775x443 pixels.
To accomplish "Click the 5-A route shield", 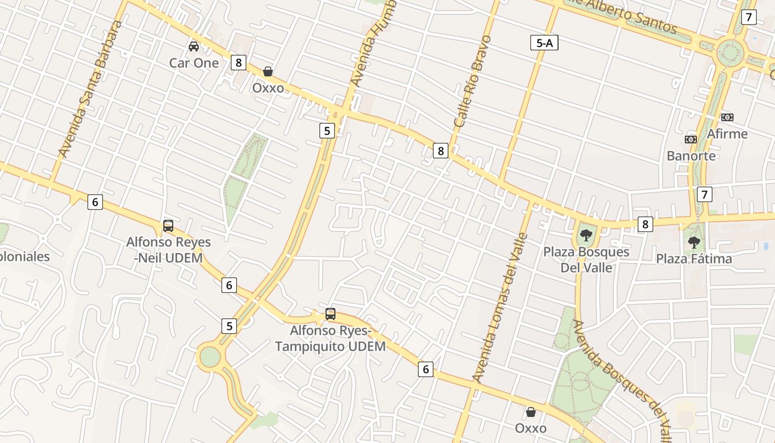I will (544, 43).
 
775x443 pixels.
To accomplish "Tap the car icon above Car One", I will (194, 47).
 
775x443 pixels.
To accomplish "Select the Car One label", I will (194, 63).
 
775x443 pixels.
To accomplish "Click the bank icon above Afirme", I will (727, 117).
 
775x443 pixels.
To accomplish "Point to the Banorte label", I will (691, 156).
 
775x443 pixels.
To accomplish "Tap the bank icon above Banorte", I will (690, 140).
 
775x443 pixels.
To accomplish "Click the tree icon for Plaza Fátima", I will (694, 243).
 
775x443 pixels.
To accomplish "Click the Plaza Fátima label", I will (694, 259).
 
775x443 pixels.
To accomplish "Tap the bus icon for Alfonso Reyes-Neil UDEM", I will (168, 226).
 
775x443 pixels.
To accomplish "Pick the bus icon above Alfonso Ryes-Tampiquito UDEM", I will (330, 314).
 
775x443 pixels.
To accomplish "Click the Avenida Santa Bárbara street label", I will (90, 89).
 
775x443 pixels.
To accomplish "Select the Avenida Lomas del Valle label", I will (500, 308).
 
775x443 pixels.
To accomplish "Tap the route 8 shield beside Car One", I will (239, 63).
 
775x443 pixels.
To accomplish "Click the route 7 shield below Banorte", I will (704, 194).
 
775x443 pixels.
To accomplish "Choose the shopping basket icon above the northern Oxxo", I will (268, 71).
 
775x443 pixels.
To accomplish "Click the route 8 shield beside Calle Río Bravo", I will (441, 150).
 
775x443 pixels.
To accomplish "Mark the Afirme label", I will (727, 133).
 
